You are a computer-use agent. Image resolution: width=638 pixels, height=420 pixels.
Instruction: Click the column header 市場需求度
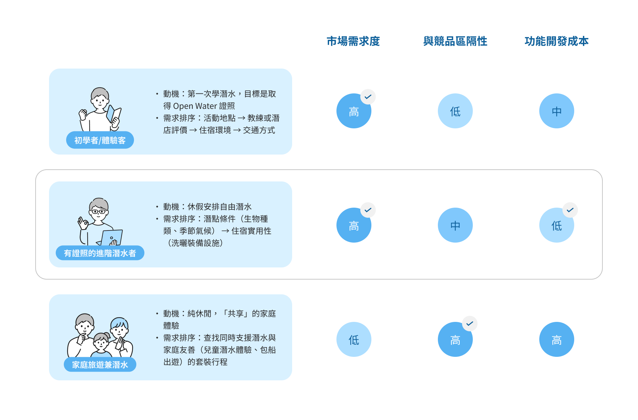(x=353, y=41)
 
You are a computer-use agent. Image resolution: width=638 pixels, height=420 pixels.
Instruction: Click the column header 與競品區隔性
(x=455, y=41)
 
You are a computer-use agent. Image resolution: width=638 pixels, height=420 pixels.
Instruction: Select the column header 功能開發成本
(x=557, y=41)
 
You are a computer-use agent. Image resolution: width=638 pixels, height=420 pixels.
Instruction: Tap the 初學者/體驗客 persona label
(x=100, y=140)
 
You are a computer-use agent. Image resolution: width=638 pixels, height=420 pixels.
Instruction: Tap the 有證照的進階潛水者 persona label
(x=100, y=253)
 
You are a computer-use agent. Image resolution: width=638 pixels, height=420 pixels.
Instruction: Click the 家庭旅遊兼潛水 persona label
(x=100, y=365)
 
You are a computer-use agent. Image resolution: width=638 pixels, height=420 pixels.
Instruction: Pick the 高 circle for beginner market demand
(x=354, y=111)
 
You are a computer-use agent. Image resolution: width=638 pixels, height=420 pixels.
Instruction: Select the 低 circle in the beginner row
(x=455, y=111)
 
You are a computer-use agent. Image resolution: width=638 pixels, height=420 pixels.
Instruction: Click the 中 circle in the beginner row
(x=557, y=111)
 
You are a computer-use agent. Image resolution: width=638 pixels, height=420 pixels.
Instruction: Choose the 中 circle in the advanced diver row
(x=455, y=225)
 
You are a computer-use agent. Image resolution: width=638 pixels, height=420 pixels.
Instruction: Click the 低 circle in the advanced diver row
(x=557, y=225)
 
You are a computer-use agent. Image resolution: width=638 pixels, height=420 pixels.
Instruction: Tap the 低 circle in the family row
(x=354, y=339)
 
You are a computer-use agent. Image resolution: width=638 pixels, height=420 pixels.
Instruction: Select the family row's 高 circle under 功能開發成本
(x=557, y=339)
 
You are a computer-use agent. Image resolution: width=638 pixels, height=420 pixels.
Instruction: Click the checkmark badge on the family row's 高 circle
(x=470, y=324)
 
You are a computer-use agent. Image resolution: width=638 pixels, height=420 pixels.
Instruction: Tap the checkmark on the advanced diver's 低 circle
(x=570, y=210)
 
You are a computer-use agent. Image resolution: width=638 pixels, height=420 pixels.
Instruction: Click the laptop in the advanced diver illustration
(x=111, y=238)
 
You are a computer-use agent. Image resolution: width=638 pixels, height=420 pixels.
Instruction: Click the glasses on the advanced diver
(x=98, y=212)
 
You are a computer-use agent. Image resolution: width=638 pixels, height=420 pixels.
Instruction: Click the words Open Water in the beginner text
(x=195, y=106)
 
